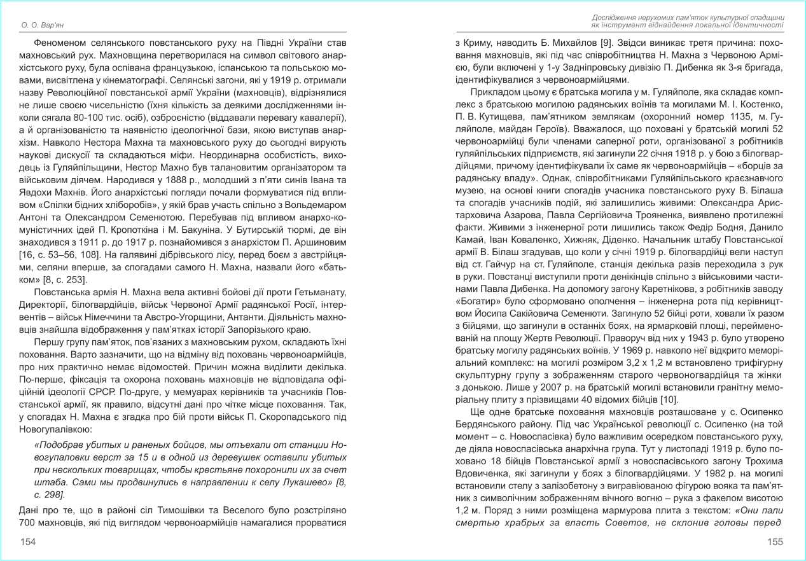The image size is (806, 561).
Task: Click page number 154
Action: tap(27, 542)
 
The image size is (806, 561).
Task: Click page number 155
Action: tap(774, 542)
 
